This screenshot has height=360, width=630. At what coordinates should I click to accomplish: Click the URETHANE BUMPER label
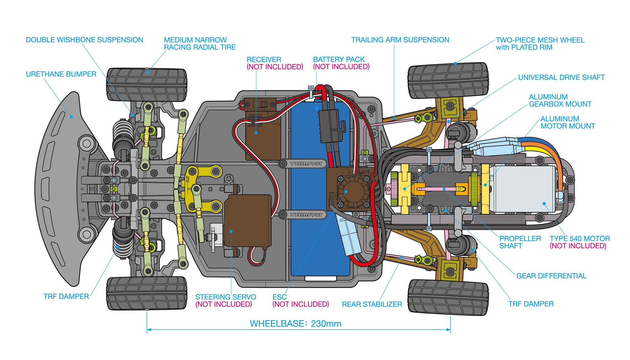click(61, 74)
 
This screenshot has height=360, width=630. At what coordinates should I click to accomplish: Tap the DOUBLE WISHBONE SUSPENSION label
click(84, 40)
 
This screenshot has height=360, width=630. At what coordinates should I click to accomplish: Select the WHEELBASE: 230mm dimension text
click(295, 323)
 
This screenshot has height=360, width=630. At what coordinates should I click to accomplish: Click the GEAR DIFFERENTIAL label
click(551, 276)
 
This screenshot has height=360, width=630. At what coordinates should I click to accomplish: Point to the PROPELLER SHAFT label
click(520, 242)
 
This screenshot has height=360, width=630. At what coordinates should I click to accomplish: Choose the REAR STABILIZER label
click(372, 304)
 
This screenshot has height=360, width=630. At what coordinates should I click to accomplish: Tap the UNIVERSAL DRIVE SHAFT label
click(561, 77)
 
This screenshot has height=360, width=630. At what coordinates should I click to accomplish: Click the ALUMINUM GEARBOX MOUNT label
click(560, 101)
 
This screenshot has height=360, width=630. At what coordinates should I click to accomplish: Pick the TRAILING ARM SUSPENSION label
click(400, 40)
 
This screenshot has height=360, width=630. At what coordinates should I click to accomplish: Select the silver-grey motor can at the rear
click(524, 189)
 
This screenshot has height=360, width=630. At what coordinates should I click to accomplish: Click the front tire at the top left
click(147, 84)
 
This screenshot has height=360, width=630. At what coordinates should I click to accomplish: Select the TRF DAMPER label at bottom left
click(66, 297)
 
